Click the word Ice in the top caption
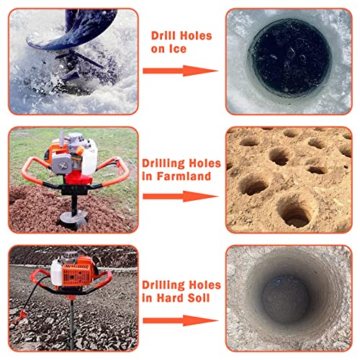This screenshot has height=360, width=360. coord(178,49)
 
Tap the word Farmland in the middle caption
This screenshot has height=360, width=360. coord(184,176)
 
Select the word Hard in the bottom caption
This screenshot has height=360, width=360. coord(171,298)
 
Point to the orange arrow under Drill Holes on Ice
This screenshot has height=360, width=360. coord(181,71)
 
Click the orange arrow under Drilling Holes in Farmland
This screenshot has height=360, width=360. coord(181,197)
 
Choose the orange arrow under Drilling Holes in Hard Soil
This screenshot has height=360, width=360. coord(181,320)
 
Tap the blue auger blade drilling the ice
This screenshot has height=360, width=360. coord(72,30)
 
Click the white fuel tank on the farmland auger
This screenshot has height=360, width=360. coord(89,157)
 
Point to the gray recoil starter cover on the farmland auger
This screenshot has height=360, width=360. coord(62,164)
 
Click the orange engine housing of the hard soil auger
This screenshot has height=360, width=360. coord(78,272)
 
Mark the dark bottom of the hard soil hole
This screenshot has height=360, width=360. coord(285,300)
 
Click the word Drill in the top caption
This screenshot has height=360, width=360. coord(163,36)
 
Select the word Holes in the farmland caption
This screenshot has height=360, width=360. coord(204,163)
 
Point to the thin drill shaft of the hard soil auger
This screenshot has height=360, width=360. coord(71,324)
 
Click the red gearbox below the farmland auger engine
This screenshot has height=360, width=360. coord(78,179)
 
